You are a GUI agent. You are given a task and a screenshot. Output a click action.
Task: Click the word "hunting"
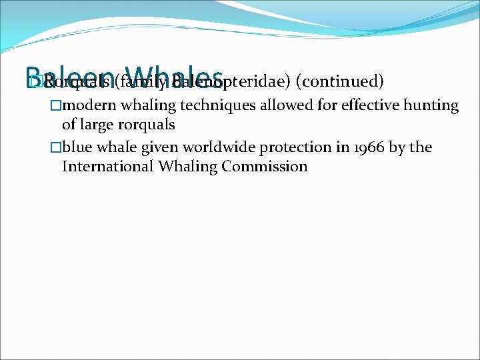pyautogui.click(x=433, y=105)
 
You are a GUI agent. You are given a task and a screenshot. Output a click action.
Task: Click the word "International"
pyautogui.click(x=107, y=167)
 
